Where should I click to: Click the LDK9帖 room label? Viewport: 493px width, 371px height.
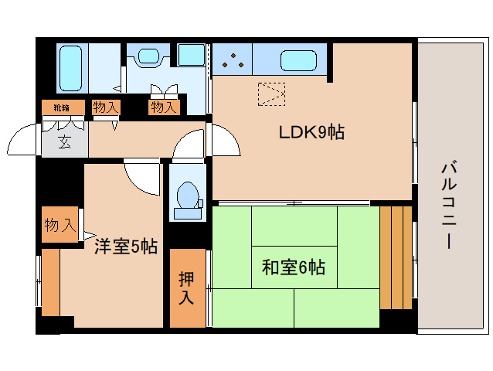coord(311,132)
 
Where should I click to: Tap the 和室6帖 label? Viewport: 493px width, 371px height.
coord(293,268)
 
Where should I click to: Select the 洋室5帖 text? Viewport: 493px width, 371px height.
coord(126,247)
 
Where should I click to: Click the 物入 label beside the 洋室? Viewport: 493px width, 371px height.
coord(59,226)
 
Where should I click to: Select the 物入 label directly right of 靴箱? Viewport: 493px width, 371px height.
coord(105,107)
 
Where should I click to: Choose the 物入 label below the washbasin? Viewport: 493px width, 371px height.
coord(164,107)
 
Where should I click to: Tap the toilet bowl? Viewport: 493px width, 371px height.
coord(186,197)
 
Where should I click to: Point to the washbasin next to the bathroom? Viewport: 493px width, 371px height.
coord(146,57)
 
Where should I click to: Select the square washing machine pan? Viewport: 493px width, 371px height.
coord(191,55)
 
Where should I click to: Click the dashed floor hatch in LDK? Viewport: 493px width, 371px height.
coord(272,94)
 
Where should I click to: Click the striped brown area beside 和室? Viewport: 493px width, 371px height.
coord(396,256)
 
